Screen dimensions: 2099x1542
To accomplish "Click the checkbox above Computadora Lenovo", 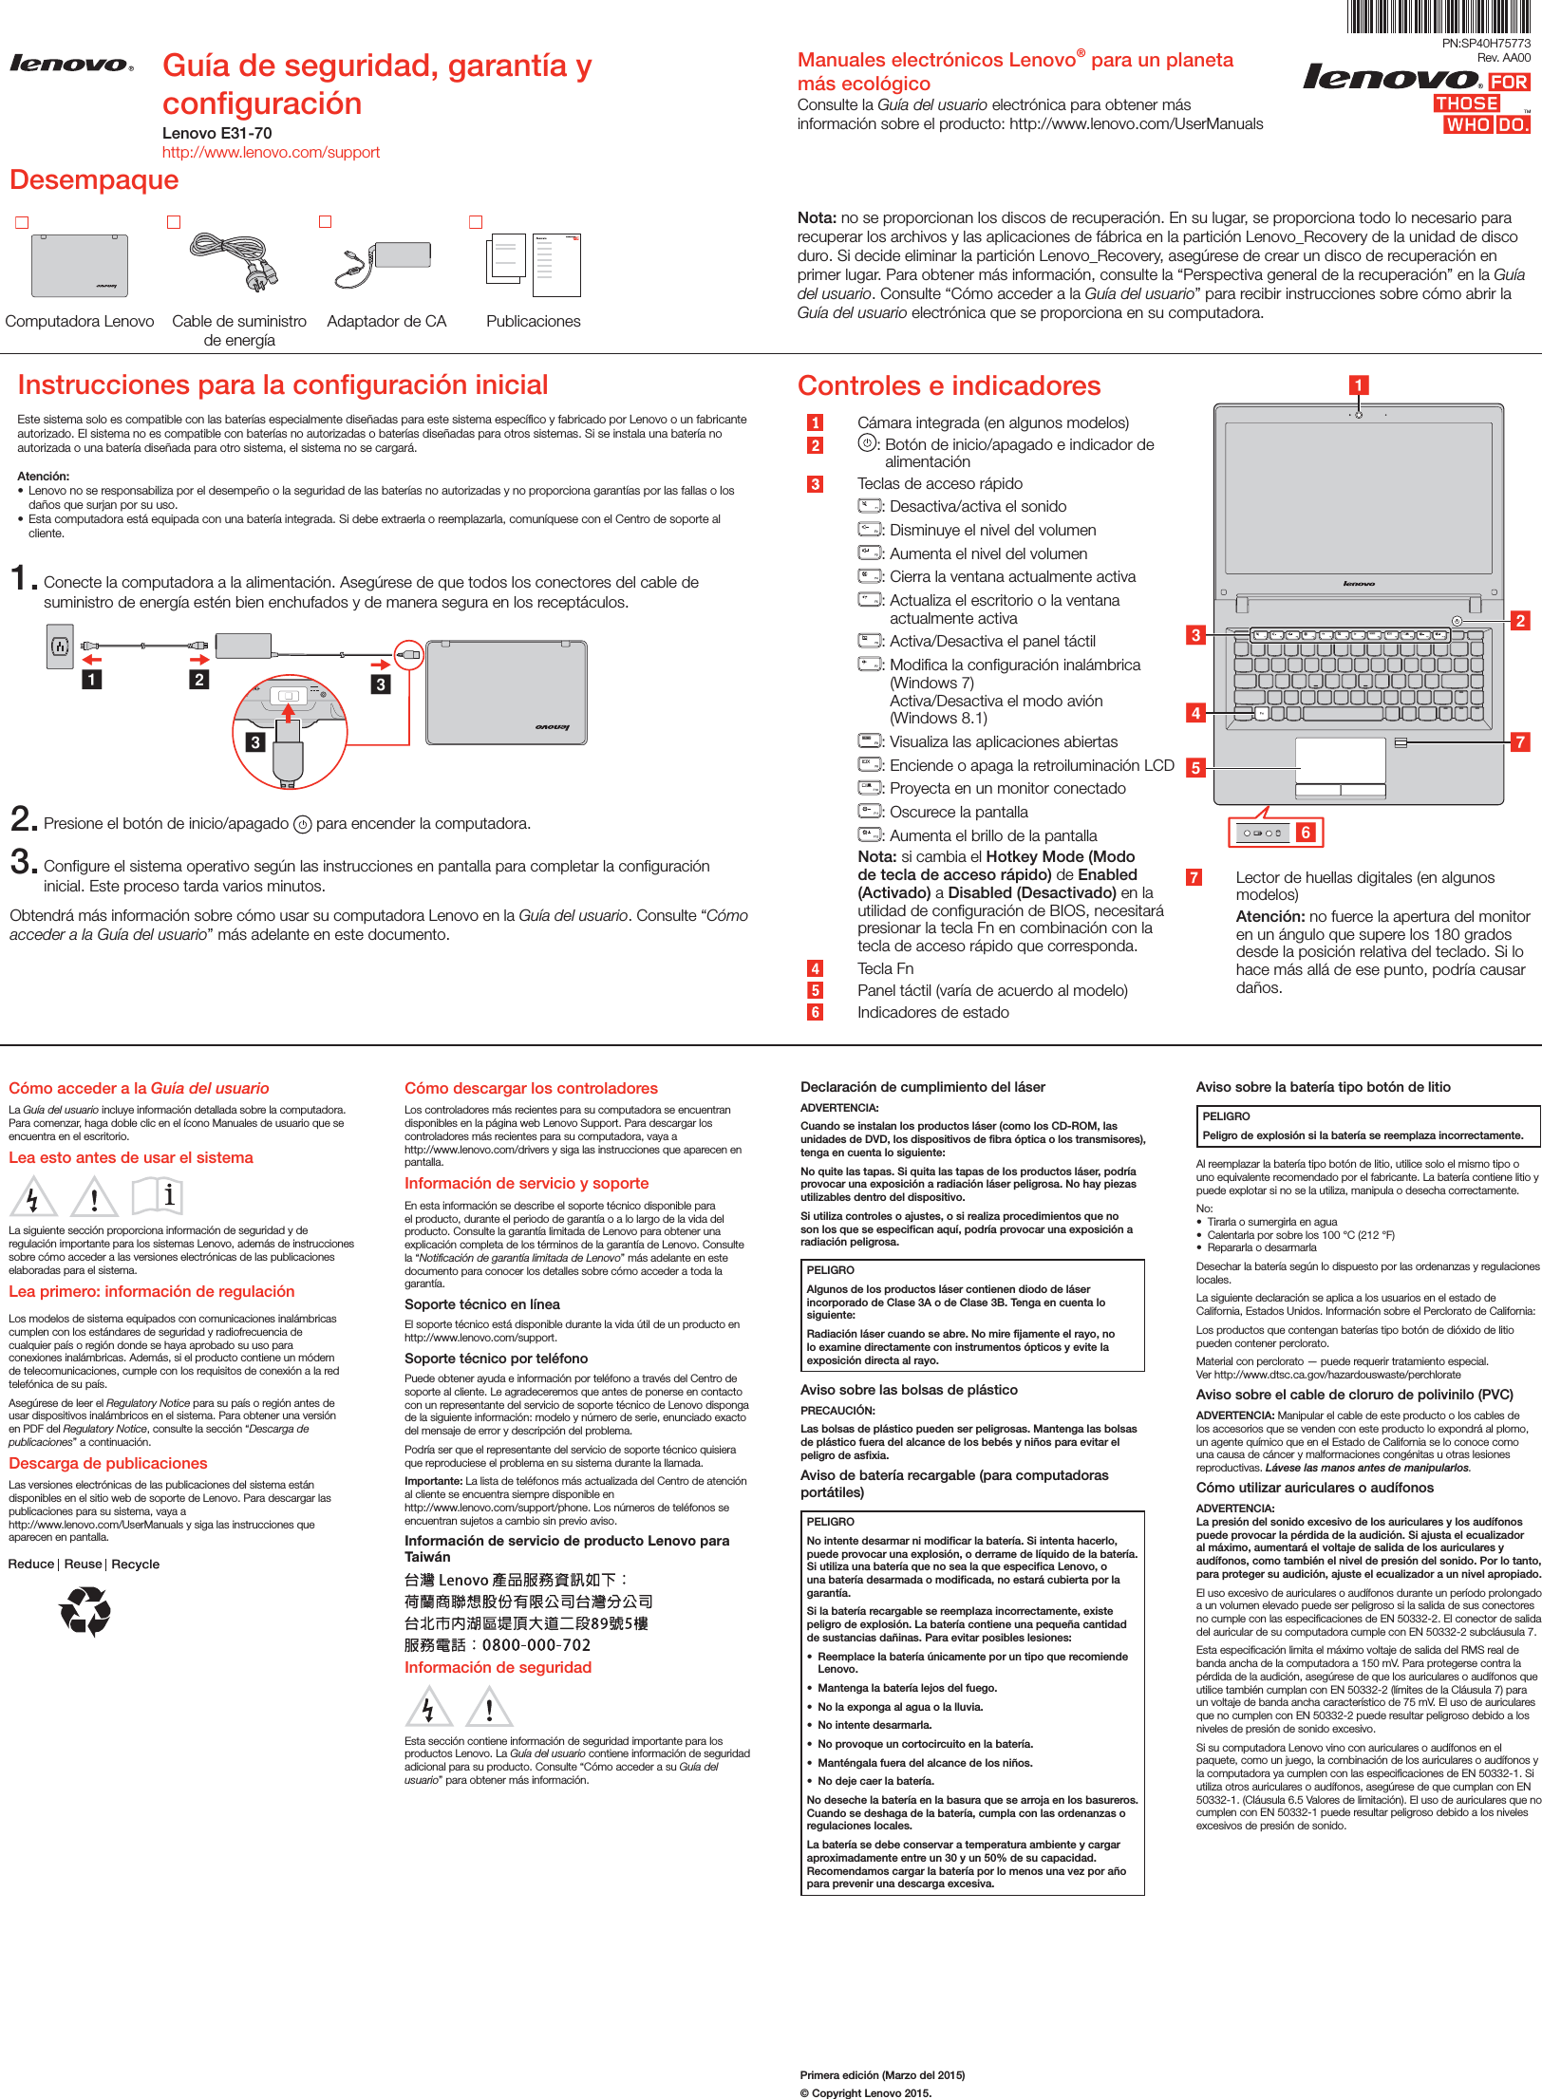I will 22,222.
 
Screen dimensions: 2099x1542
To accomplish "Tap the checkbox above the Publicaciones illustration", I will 476,222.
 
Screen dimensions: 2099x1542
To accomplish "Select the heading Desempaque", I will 94,179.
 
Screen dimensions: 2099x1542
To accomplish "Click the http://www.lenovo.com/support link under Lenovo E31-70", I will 271,152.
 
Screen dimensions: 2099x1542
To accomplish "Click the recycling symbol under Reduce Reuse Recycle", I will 85,1613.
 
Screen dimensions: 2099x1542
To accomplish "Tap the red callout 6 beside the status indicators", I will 1306,833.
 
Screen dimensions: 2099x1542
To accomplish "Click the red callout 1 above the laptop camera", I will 1359,384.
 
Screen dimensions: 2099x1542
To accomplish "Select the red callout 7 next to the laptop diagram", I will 1520,741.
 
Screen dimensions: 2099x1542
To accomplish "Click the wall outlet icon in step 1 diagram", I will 60,647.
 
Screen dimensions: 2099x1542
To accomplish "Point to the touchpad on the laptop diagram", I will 1341,760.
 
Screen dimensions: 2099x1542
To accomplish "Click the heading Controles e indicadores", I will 949,385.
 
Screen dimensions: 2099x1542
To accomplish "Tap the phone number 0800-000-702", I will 536,1645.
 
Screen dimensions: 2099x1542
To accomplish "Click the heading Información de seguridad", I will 498,1667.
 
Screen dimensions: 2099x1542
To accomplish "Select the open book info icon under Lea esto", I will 158,1195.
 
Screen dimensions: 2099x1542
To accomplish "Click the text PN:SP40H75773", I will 1486,43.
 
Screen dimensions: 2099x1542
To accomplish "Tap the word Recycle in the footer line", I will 135,1564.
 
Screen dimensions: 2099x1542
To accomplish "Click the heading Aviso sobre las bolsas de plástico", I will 909,1390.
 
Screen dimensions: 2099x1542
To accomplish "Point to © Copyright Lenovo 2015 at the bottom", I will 865,2092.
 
